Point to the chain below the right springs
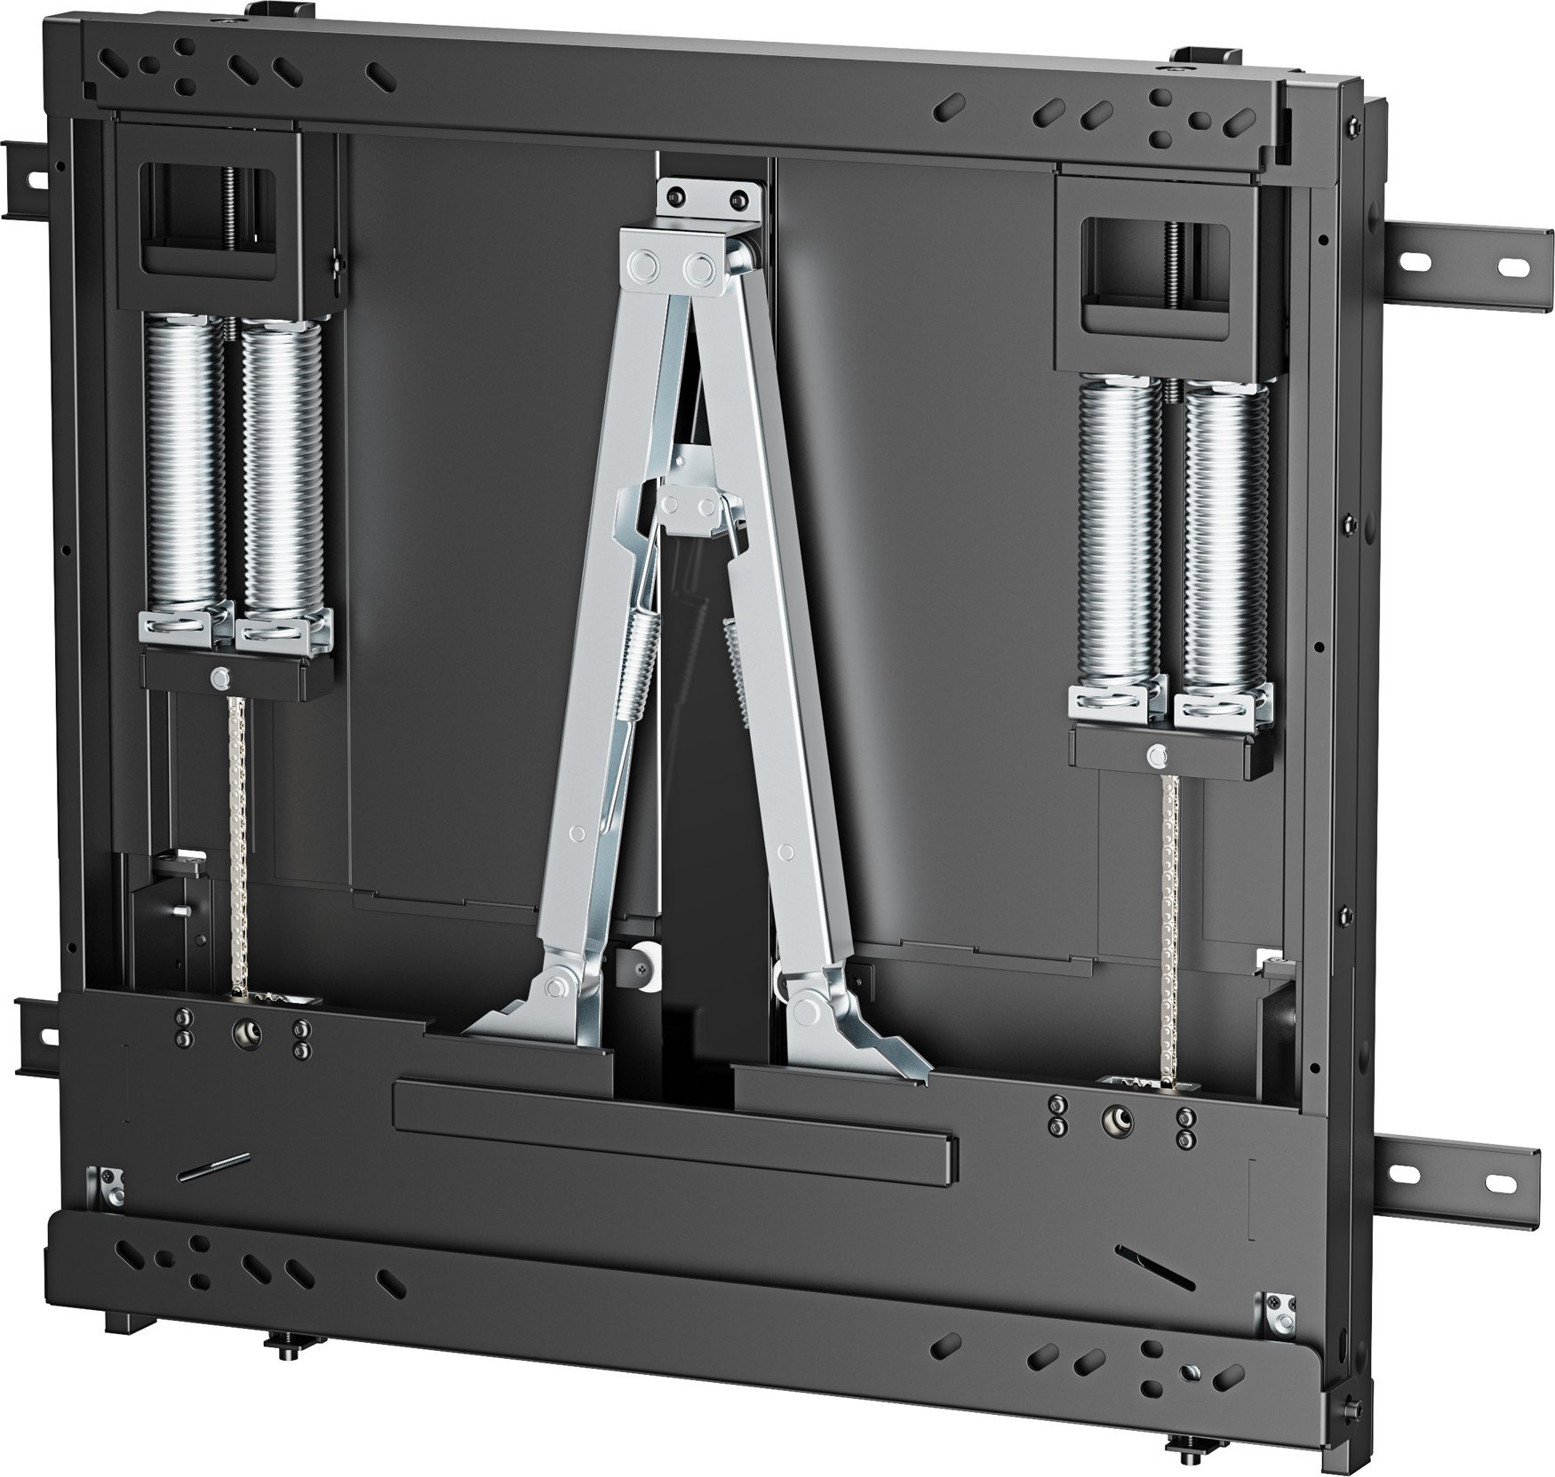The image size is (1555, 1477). click(x=1168, y=924)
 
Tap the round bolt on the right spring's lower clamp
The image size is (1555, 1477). click(x=1155, y=756)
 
